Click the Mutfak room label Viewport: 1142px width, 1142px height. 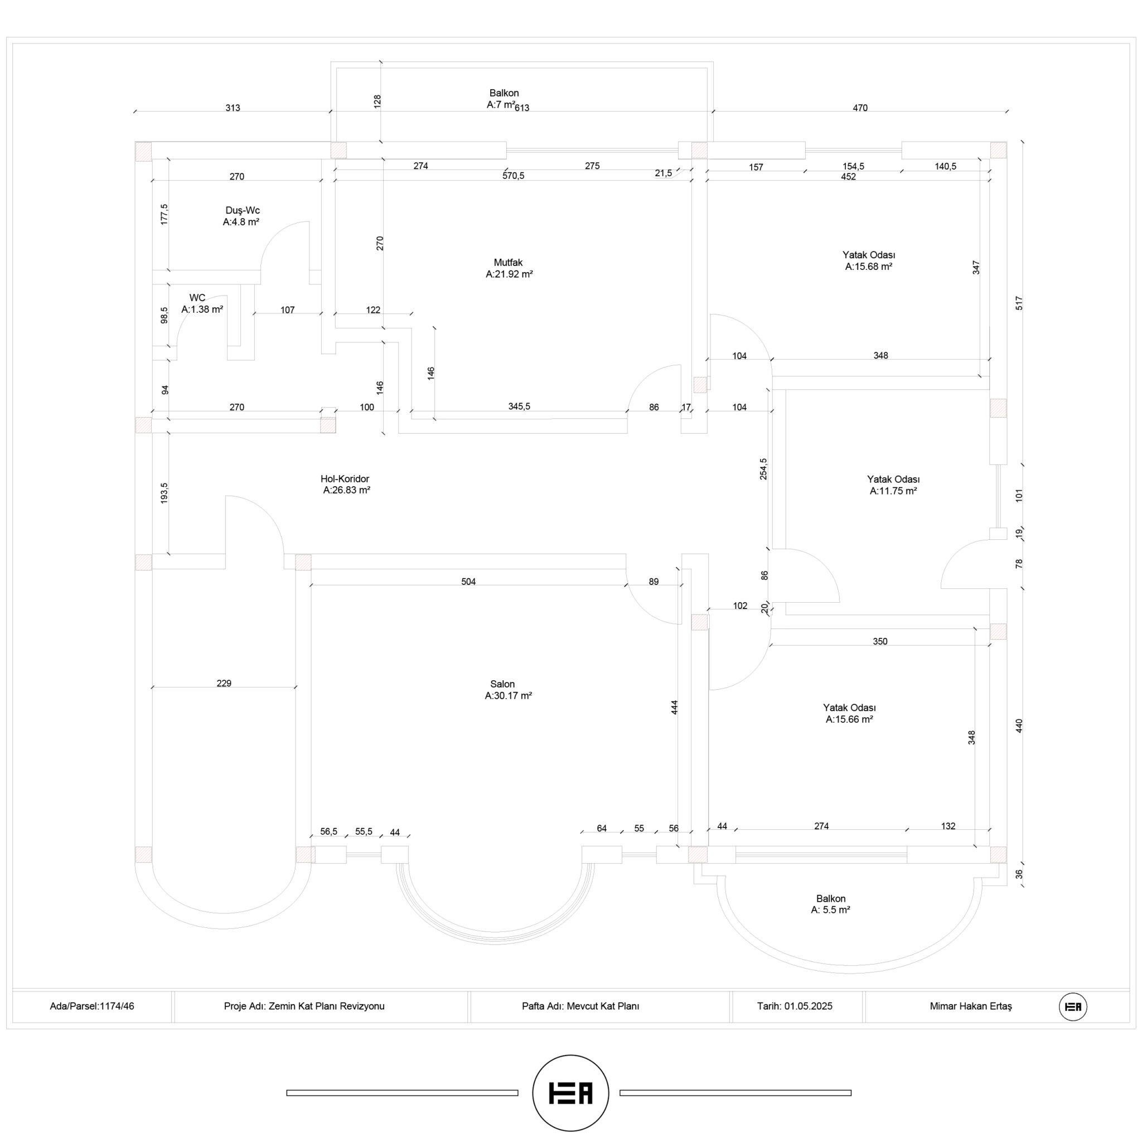[x=509, y=263]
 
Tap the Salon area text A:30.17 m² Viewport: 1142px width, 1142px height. [x=509, y=696]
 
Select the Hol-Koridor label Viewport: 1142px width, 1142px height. [x=345, y=479]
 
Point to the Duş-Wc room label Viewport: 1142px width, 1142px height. [x=243, y=210]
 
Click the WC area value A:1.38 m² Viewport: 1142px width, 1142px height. [x=202, y=309]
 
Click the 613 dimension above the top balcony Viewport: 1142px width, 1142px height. [x=522, y=108]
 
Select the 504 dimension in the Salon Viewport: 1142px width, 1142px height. [x=468, y=582]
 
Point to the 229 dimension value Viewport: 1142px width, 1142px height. [x=224, y=683]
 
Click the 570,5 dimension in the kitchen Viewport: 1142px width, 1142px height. [x=513, y=176]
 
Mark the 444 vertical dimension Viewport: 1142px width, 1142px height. [x=675, y=708]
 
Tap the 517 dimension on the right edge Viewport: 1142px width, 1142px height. [x=1018, y=303]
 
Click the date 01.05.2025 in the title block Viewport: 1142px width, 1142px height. [x=809, y=1006]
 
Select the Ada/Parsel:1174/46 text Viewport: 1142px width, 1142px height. [x=92, y=1006]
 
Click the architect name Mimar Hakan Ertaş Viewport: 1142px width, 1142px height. [x=971, y=1006]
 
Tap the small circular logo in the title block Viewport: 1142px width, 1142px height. [x=1073, y=1006]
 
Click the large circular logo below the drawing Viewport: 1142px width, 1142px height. [x=571, y=1093]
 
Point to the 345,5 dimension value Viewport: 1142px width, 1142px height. [x=519, y=406]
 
